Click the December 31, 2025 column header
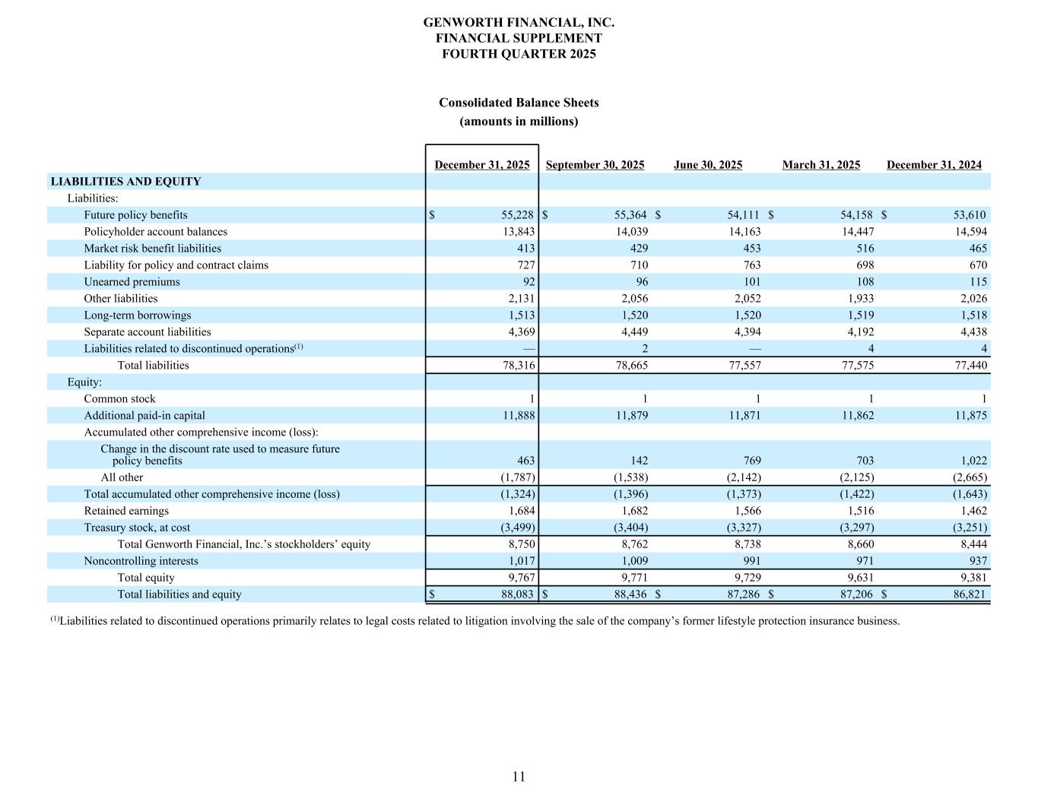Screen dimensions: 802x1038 pos(482,165)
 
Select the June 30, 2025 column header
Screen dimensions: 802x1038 pos(708,165)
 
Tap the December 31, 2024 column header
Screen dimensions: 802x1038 pos(934,165)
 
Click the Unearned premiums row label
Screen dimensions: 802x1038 pos(132,282)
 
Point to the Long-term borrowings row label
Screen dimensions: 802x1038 pos(138,315)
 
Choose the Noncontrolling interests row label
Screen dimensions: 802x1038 pos(141,561)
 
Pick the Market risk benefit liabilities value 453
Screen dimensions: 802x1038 pos(748,249)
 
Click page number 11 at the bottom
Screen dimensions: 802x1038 pos(519,776)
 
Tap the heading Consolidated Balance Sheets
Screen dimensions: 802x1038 pos(519,103)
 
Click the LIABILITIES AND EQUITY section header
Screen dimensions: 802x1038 pos(125,182)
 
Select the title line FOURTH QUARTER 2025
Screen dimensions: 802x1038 pos(519,54)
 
